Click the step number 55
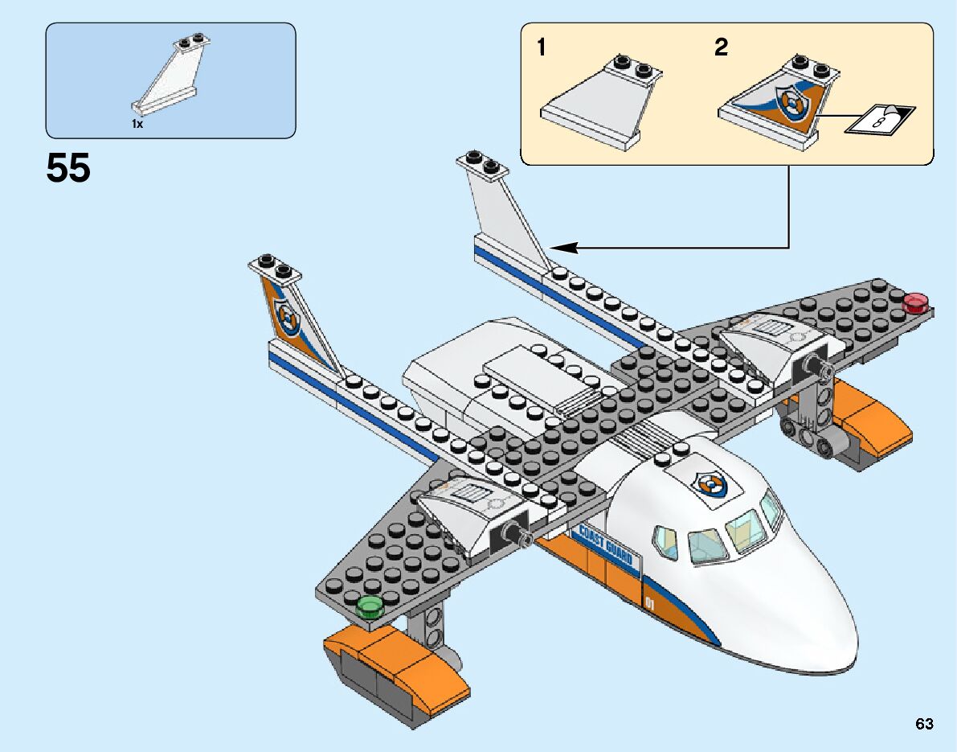(68, 169)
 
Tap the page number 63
(924, 724)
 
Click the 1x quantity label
(137, 125)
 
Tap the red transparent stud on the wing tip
(916, 303)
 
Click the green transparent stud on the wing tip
(370, 606)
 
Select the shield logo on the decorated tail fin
(286, 315)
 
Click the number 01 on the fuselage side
(650, 602)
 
